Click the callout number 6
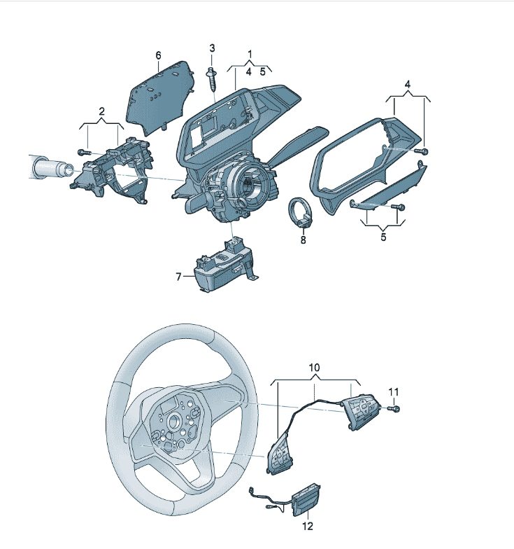(x=158, y=55)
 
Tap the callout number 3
(x=213, y=48)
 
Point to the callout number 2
(x=101, y=111)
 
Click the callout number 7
(x=179, y=277)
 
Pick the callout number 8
(x=303, y=240)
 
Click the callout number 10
(x=315, y=367)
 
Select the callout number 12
(x=308, y=525)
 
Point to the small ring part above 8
(x=301, y=213)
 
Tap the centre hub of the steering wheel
(x=173, y=422)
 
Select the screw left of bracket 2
(x=84, y=152)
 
